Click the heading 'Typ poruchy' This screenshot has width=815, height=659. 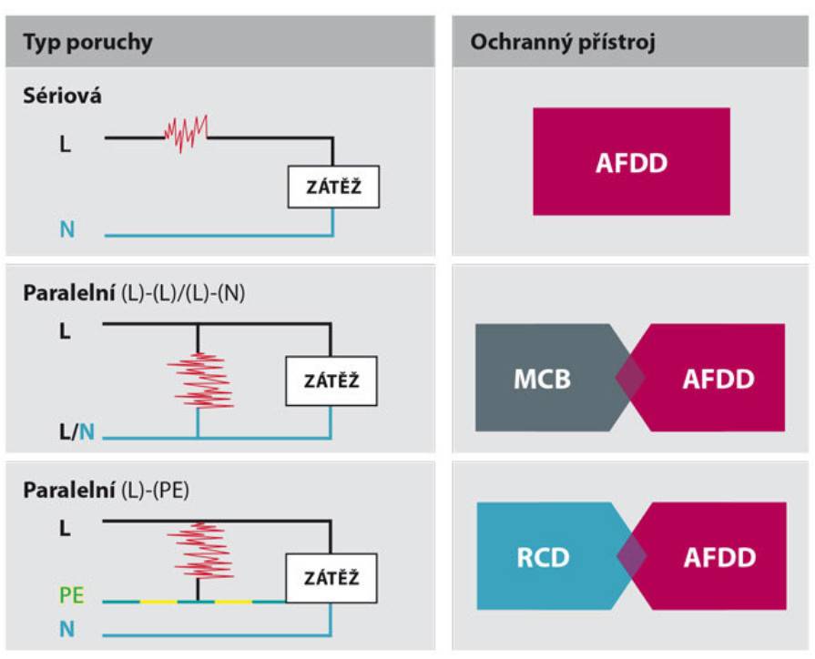(x=88, y=42)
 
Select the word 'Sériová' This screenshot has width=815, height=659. (x=62, y=96)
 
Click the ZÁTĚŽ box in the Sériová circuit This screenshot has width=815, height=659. (x=332, y=188)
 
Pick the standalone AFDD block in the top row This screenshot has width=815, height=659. (x=631, y=162)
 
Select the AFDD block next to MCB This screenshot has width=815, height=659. (x=713, y=378)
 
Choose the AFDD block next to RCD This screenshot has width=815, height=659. (x=713, y=555)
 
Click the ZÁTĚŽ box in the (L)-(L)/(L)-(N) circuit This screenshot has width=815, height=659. (x=331, y=380)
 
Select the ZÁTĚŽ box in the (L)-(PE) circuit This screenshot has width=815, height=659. (x=331, y=578)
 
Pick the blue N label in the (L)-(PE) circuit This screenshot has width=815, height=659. (x=66, y=628)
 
